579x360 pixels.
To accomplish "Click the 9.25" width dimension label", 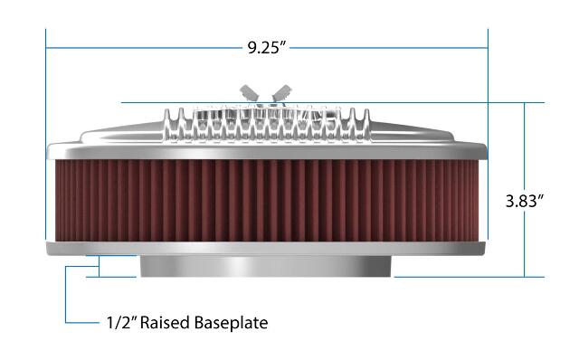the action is pos(267,48).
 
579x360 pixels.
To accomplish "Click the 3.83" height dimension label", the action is pos(525,201).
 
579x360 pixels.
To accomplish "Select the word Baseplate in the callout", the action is pos(231,323).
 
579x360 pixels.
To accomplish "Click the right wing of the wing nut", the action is pos(281,92).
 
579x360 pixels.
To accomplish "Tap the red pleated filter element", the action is pos(267,201).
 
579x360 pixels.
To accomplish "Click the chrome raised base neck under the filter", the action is pos(265,266).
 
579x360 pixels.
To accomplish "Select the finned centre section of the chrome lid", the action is pos(267,125).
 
